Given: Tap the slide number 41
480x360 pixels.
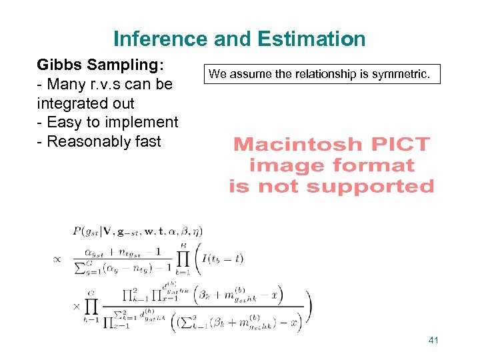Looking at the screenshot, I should point(433,341).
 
